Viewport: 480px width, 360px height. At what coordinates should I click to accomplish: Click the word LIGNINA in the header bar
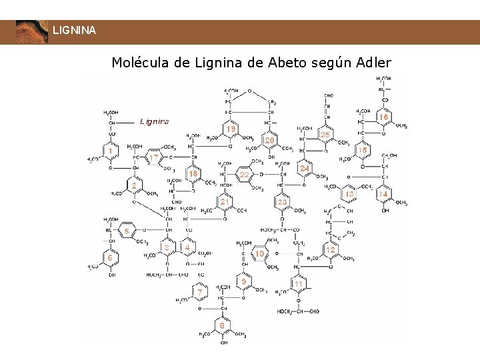(x=74, y=31)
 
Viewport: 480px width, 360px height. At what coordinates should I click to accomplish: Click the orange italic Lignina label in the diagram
(x=154, y=122)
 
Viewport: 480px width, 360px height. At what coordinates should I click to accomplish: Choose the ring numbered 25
(x=325, y=135)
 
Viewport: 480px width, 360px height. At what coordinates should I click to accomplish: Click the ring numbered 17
(x=154, y=158)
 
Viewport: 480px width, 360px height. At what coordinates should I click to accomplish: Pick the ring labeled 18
(x=193, y=174)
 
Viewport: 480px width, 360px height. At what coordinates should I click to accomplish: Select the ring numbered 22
(x=245, y=174)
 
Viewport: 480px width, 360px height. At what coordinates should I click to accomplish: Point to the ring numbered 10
(x=260, y=254)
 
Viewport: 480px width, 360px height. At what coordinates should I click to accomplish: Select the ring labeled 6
(x=111, y=257)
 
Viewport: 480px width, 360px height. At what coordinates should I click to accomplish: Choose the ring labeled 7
(x=199, y=292)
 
